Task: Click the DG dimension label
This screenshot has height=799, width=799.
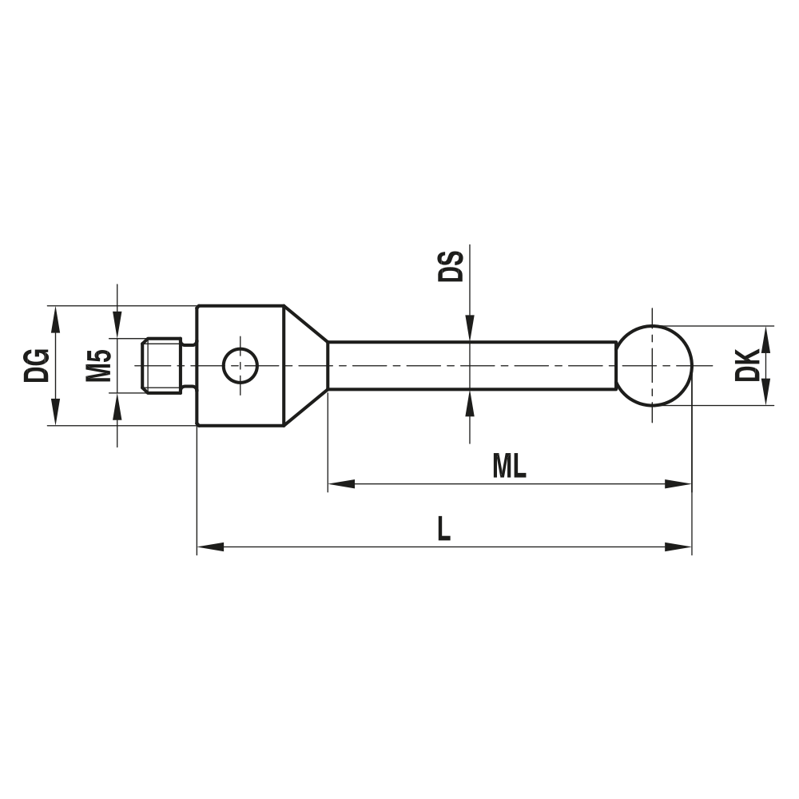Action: (x=37, y=366)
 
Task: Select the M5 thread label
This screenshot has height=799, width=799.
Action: (x=98, y=366)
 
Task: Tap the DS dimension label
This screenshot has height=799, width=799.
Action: (x=451, y=265)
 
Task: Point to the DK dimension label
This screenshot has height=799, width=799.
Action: (x=748, y=365)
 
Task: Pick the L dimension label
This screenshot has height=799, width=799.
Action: (x=443, y=529)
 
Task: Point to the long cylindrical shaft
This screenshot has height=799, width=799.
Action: (x=471, y=366)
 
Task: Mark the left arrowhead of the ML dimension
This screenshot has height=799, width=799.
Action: (x=340, y=483)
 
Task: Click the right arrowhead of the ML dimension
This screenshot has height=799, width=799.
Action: (x=679, y=483)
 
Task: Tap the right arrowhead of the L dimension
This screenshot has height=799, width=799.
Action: (x=679, y=547)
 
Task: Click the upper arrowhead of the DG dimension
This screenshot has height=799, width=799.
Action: (x=55, y=317)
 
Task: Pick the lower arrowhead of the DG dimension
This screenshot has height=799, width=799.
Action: (x=55, y=414)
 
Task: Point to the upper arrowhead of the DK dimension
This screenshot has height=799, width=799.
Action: (x=765, y=337)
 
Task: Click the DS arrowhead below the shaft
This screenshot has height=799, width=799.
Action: (x=470, y=403)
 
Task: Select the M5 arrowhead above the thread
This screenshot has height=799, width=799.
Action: (x=118, y=327)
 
